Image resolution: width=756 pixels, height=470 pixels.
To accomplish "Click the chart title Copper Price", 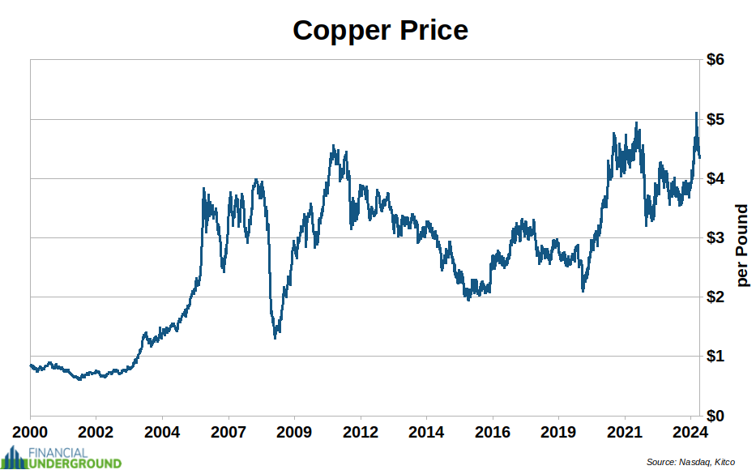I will [380, 31].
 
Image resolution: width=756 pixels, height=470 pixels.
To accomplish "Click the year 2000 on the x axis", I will [30, 430].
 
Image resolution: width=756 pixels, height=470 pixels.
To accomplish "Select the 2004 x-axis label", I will [162, 430].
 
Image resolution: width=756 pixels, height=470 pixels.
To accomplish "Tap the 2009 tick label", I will [294, 430].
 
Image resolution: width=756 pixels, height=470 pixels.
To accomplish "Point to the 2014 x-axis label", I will [426, 430].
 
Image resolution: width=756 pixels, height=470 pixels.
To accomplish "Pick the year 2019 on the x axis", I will [558, 430].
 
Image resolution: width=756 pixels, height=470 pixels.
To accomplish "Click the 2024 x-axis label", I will [690, 430].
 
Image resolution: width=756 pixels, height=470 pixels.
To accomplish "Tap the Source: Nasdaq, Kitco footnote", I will [690, 462].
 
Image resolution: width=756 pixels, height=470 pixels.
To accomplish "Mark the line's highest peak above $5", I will [695, 113].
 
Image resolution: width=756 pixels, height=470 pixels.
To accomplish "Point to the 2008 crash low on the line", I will [275, 336].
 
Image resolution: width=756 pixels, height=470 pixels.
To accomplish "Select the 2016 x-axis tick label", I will [493, 430].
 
